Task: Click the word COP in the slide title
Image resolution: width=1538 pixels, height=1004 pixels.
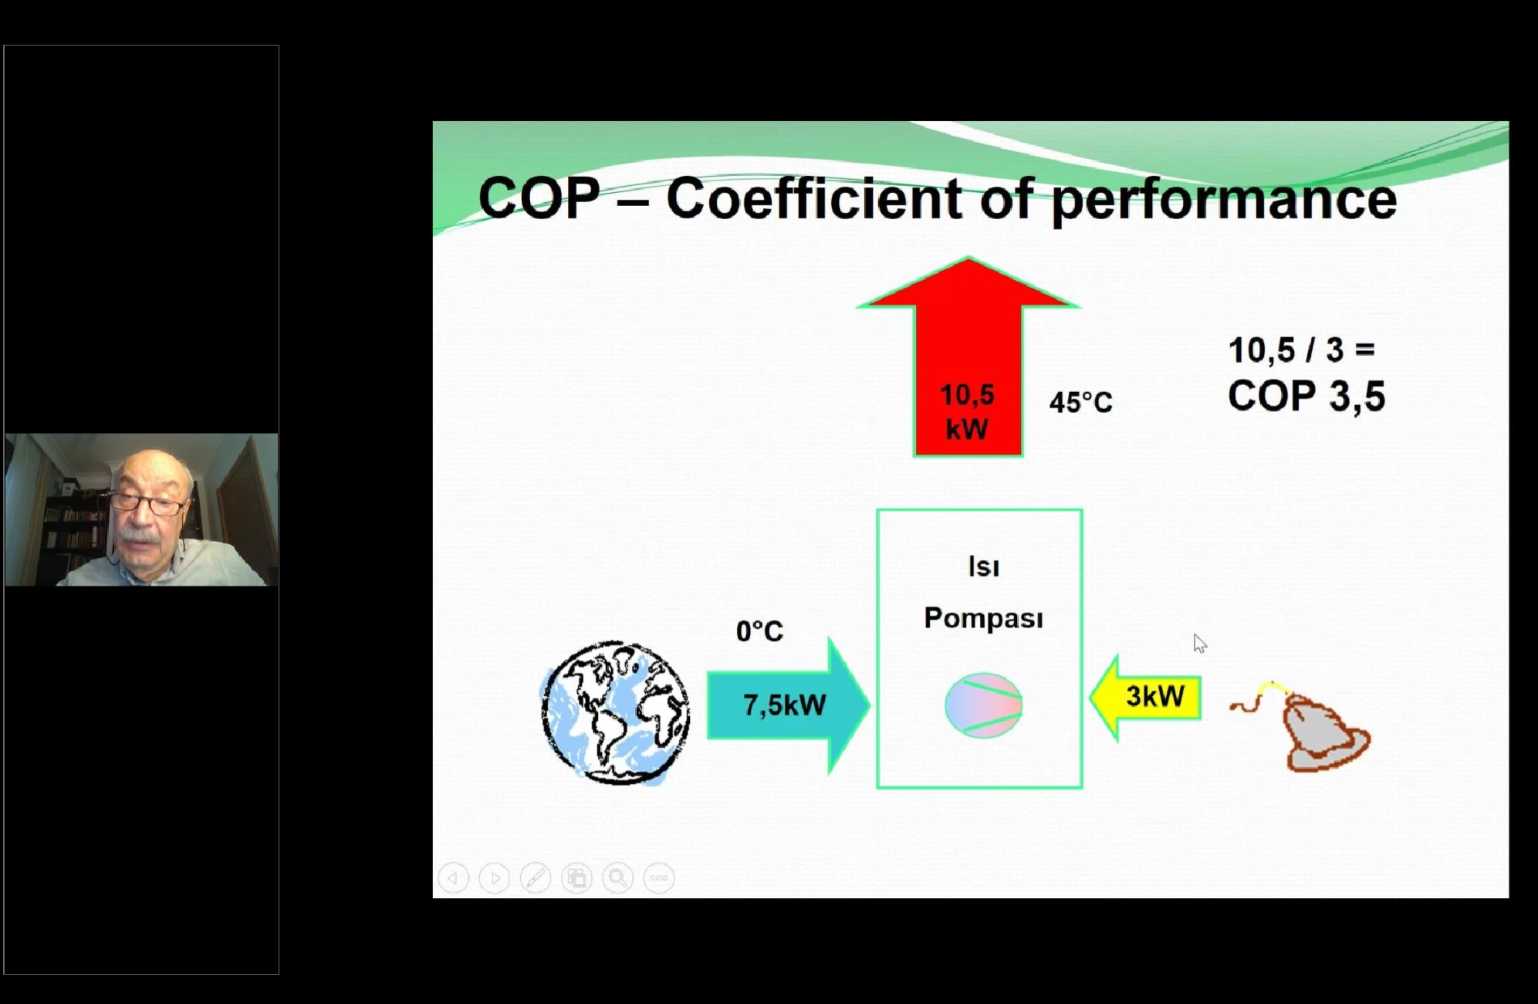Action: click(x=539, y=198)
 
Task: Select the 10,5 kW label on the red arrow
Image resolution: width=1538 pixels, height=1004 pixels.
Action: click(x=967, y=412)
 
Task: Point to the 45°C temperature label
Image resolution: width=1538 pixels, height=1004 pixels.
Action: click(x=1080, y=403)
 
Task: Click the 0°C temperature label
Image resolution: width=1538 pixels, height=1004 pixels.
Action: click(x=759, y=631)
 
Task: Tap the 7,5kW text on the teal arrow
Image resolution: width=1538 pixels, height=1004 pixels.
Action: click(x=784, y=705)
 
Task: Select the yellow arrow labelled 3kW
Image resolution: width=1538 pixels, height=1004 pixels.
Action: click(x=1145, y=698)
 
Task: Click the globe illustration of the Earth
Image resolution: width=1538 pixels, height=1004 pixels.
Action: click(x=615, y=712)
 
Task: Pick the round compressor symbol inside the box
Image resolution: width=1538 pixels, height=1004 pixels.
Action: click(x=983, y=705)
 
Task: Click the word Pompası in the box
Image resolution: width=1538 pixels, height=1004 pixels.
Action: click(x=983, y=618)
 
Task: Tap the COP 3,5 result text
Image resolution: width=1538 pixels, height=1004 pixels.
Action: click(x=1306, y=396)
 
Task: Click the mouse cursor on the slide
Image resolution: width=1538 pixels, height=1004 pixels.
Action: click(x=1199, y=643)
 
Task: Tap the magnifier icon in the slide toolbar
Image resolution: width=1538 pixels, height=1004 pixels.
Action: click(x=617, y=877)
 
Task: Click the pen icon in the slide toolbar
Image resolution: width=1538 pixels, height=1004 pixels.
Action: click(x=536, y=877)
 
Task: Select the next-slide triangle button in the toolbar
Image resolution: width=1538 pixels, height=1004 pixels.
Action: click(x=495, y=877)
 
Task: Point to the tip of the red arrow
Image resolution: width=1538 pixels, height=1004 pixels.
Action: click(x=968, y=257)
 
